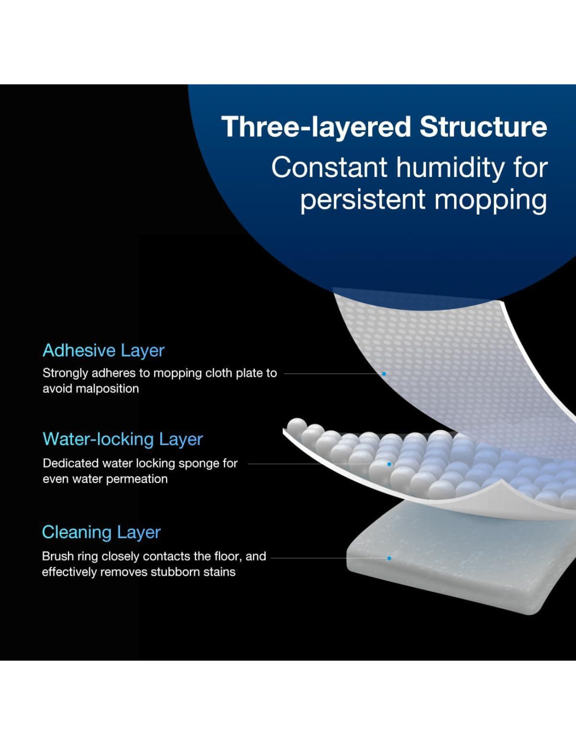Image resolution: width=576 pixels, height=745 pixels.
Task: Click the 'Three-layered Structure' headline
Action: (x=384, y=127)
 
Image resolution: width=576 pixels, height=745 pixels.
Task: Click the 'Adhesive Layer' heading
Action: (x=104, y=350)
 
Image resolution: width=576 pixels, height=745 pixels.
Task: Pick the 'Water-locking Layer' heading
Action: (x=123, y=439)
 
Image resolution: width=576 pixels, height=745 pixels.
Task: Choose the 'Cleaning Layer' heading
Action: (x=102, y=532)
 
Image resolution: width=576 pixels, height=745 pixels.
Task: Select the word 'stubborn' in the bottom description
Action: (x=176, y=572)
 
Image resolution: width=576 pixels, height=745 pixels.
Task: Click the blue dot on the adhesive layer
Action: (x=384, y=374)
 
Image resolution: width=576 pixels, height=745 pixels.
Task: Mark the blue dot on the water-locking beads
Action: (x=389, y=464)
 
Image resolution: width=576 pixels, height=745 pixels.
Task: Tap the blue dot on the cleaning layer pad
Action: (x=389, y=558)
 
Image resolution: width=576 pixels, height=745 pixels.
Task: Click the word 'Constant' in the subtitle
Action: (x=329, y=168)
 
